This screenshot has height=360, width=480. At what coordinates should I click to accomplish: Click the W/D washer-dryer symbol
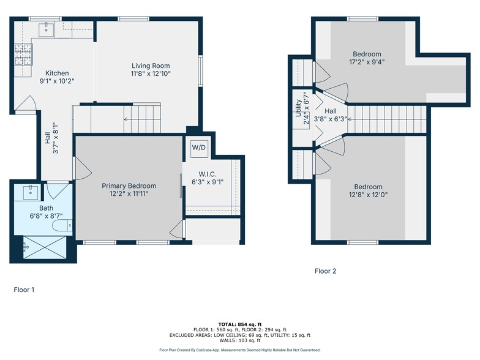click(x=199, y=148)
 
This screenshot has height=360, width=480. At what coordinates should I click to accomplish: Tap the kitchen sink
click(x=47, y=29)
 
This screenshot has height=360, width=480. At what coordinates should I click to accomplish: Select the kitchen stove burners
click(x=23, y=55)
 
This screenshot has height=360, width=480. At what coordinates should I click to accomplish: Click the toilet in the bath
click(x=62, y=226)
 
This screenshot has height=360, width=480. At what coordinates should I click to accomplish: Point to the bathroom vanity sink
click(x=31, y=192)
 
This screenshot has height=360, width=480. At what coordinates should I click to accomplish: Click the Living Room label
click(x=151, y=66)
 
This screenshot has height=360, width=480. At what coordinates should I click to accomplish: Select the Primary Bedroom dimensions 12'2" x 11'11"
click(x=129, y=193)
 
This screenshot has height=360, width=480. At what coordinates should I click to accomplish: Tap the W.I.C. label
click(x=208, y=174)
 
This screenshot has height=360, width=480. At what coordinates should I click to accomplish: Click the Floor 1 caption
click(x=24, y=290)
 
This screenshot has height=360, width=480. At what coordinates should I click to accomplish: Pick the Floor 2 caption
click(x=326, y=271)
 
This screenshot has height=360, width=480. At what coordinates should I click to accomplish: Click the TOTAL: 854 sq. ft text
click(x=240, y=324)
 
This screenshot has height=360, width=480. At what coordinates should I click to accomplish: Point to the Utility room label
click(x=298, y=108)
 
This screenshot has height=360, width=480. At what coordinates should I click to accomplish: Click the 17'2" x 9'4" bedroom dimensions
click(x=367, y=62)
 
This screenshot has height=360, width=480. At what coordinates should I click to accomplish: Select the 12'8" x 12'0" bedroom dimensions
click(x=368, y=195)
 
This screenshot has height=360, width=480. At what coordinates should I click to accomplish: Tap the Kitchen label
click(x=57, y=73)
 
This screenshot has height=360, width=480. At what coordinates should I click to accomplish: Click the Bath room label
click(x=46, y=208)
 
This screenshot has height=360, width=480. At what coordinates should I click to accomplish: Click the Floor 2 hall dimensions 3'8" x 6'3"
click(x=331, y=119)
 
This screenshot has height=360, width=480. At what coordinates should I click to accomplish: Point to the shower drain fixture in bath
click(x=26, y=246)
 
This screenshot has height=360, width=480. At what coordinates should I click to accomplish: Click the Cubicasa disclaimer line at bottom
click(x=240, y=350)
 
